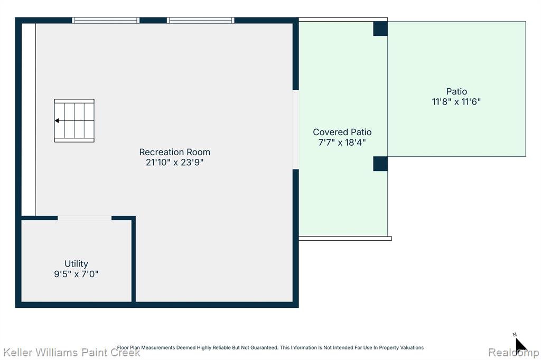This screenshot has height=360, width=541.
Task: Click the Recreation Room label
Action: click(174, 152)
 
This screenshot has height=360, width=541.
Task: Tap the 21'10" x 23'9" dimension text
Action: click(174, 163)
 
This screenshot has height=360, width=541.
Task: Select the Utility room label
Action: click(76, 264)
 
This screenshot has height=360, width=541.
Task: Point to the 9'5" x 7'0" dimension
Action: click(76, 274)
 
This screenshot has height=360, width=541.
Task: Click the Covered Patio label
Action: click(342, 132)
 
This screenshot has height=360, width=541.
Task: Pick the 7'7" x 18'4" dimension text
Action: click(342, 143)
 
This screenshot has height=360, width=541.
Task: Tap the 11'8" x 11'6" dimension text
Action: click(456, 102)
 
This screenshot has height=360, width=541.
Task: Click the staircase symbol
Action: click(74, 121)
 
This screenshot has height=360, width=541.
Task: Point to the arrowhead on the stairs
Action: click(57, 121)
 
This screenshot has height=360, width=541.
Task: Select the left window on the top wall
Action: click(106, 21)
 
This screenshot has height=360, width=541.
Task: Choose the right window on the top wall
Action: click(200, 21)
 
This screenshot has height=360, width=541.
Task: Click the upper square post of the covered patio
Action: click(380, 29)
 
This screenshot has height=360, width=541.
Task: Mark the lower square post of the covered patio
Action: click(380, 164)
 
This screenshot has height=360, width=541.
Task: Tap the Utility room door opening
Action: click(85, 218)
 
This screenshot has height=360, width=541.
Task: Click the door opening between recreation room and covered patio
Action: click(296, 130)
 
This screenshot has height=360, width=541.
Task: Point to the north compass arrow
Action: click(520, 345)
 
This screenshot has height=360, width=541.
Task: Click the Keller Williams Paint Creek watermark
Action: click(72, 353)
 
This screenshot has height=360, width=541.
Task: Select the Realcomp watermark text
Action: click(514, 353)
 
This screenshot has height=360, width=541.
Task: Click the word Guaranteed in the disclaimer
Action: click(265, 347)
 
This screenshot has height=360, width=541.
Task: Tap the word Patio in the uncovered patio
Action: click(456, 91)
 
